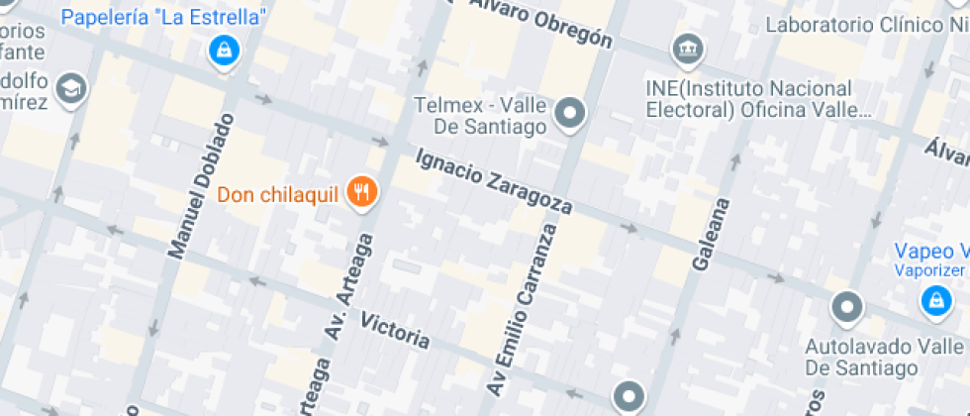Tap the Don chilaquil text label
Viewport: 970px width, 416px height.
[278, 193]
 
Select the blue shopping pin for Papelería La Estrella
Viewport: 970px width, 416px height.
[225, 49]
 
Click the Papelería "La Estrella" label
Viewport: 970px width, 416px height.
[164, 17]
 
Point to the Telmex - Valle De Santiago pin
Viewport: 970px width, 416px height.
[569, 114]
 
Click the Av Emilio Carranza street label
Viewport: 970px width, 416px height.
[522, 307]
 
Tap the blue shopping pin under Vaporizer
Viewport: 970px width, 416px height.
[933, 300]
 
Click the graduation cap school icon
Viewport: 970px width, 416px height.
[71, 89]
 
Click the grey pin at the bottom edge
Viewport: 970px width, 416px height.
[629, 398]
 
